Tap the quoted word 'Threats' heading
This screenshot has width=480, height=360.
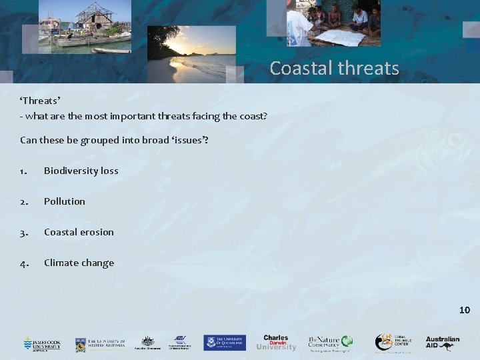40,101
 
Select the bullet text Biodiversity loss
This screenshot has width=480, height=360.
81,171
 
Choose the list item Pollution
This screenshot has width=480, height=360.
65,201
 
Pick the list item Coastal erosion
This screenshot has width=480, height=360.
79,232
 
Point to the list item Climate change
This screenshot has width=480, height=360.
79,263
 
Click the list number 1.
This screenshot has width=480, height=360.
23,171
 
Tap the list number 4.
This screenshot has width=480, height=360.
24,263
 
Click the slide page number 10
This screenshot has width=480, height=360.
465,310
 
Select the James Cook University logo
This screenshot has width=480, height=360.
42,343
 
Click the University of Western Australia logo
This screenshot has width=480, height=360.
99,343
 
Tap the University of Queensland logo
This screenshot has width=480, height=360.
225,342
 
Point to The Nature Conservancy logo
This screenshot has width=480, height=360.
329,343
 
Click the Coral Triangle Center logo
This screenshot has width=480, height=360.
393,343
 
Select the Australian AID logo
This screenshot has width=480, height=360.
443,342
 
